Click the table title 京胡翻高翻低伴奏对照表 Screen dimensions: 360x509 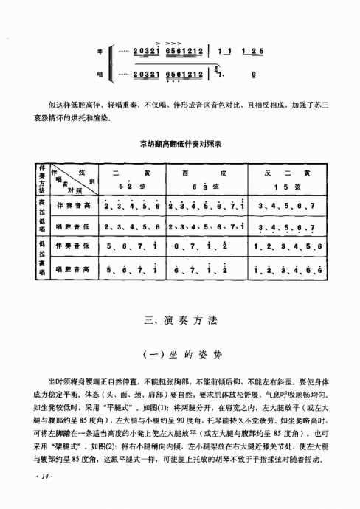179,145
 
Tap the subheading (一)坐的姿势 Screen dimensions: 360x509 179,354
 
